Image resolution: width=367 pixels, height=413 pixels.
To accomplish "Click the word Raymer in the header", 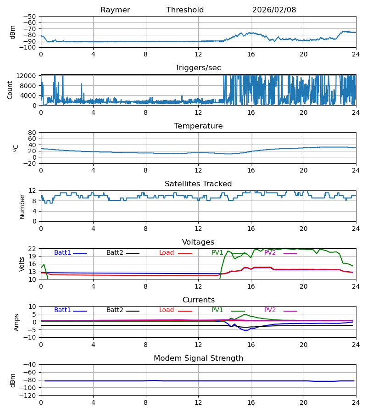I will click(x=115, y=10).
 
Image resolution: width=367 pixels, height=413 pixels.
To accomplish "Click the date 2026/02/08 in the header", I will click(x=274, y=10).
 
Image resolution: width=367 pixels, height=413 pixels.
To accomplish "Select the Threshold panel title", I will click(x=185, y=10).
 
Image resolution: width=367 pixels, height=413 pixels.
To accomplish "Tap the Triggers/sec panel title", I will click(x=198, y=68).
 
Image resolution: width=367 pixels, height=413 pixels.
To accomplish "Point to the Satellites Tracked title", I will click(x=198, y=184).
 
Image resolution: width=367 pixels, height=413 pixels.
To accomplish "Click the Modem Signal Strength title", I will click(x=198, y=358).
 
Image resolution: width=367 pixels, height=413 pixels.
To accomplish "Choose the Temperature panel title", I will click(x=198, y=126).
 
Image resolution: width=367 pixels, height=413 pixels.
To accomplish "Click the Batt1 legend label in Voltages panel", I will click(x=62, y=253).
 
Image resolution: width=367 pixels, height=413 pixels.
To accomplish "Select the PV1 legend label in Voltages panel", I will click(x=217, y=253).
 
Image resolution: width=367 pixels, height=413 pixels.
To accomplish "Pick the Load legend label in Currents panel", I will click(x=167, y=310).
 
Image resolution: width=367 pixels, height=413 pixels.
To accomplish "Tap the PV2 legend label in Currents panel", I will click(x=270, y=310).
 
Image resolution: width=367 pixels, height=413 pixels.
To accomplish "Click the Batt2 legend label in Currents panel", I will click(x=115, y=310).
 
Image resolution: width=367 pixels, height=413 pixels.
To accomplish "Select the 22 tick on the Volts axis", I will click(x=33, y=249).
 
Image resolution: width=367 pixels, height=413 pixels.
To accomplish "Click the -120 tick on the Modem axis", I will click(x=30, y=396).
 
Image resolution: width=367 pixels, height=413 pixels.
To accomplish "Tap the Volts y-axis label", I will click(x=22, y=264).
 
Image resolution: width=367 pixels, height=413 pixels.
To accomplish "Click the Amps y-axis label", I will click(x=17, y=322).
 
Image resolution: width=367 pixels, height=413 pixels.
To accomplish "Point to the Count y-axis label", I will click(x=10, y=90).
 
